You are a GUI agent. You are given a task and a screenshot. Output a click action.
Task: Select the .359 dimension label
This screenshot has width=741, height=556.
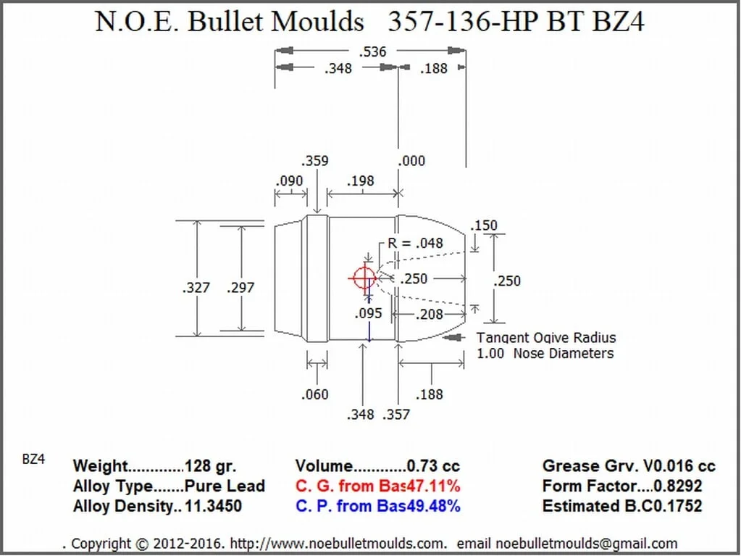click(x=314, y=161)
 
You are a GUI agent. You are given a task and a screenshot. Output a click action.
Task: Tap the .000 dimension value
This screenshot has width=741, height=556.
click(x=411, y=161)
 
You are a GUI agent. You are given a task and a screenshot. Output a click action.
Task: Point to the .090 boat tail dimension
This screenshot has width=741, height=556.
click(x=290, y=181)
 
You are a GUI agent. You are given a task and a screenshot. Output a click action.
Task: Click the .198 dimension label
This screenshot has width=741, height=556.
click(x=360, y=181)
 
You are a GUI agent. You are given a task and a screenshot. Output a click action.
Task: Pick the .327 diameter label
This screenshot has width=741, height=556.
click(x=196, y=288)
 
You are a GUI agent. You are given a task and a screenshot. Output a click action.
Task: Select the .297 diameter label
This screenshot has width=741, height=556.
click(x=240, y=288)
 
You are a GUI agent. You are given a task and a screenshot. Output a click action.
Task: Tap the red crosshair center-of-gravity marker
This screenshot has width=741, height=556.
click(x=362, y=278)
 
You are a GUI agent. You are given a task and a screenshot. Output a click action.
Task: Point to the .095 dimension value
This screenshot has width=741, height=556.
click(x=368, y=314)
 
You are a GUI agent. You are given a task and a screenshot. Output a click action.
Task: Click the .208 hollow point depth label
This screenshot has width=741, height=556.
click(x=430, y=314)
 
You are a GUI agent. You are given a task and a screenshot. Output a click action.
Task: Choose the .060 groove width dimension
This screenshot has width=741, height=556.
click(x=314, y=394)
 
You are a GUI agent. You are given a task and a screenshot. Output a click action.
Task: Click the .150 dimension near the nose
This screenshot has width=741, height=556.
click(x=484, y=225)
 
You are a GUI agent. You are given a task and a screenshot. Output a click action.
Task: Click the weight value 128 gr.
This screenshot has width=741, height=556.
click(x=211, y=466)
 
